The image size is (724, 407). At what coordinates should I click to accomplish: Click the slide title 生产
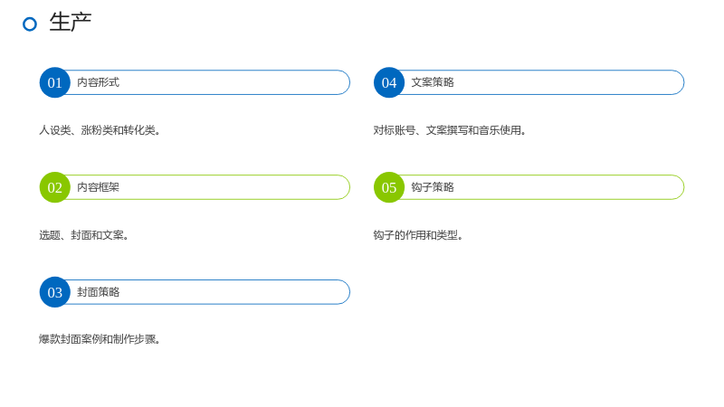tap(71, 23)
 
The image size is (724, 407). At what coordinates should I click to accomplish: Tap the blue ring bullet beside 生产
tap(30, 24)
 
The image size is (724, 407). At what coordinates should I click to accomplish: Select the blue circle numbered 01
tap(55, 82)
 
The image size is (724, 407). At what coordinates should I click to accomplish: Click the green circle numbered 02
tap(55, 187)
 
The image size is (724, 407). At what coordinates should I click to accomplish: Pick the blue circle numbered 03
tap(55, 292)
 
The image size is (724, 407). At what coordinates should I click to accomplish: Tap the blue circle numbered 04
tap(389, 82)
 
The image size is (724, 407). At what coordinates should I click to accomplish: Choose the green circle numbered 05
tap(389, 187)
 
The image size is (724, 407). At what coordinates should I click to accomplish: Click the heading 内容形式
tap(99, 82)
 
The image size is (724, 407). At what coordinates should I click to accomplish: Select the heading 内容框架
tap(99, 187)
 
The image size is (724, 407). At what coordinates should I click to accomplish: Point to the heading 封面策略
tap(99, 291)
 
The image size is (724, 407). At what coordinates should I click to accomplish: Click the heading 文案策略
tap(433, 82)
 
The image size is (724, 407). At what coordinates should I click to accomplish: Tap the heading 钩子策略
tap(433, 187)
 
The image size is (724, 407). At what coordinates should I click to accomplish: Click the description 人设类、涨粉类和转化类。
tap(100, 130)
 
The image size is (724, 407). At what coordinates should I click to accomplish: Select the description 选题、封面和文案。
tap(83, 235)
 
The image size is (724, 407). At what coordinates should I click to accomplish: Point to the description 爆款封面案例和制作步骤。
tap(100, 339)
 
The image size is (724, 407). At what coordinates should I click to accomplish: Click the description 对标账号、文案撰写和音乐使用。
tap(450, 130)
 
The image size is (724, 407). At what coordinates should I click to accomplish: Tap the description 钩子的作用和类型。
tap(418, 235)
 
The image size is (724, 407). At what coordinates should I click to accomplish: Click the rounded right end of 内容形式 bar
tap(349, 82)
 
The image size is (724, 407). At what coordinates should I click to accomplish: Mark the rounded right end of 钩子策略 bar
tap(684, 187)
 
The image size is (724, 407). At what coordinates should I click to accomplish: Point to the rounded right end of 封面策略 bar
tap(349, 292)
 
